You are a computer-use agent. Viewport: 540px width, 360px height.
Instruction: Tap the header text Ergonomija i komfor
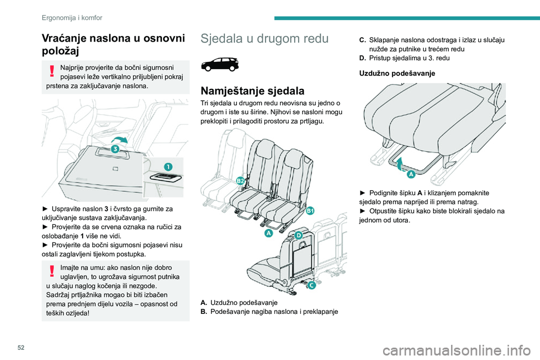pyautogui.click(x=71, y=17)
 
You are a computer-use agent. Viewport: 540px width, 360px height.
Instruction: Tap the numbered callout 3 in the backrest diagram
pyautogui.click(x=115, y=149)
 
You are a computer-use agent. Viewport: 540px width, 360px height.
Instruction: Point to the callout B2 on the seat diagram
pyautogui.click(x=240, y=180)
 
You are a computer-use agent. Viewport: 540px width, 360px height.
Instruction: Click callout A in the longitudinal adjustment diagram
pyautogui.click(x=411, y=175)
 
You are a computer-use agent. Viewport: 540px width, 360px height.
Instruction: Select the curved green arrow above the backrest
pyautogui.click(x=119, y=138)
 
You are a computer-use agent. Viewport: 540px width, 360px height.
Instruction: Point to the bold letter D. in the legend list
pyautogui.click(x=362, y=58)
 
